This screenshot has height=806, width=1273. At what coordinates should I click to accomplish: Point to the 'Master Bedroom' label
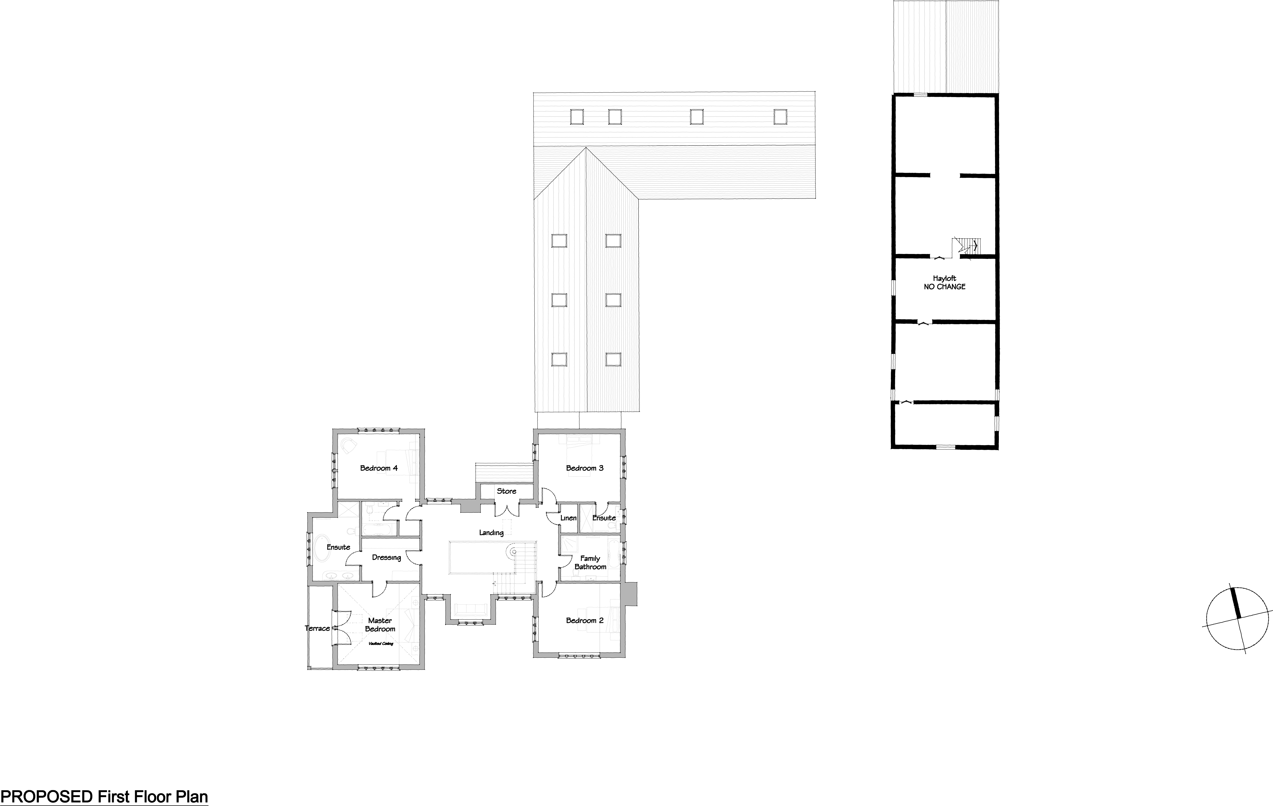click(380, 625)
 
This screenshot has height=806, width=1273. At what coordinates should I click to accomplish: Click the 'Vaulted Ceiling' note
click(381, 644)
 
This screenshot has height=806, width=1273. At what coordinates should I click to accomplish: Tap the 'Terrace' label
click(317, 628)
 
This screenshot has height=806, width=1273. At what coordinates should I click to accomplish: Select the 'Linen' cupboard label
click(568, 518)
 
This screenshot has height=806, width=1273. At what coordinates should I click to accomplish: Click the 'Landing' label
click(491, 533)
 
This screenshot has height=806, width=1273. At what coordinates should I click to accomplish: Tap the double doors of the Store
click(506, 510)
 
